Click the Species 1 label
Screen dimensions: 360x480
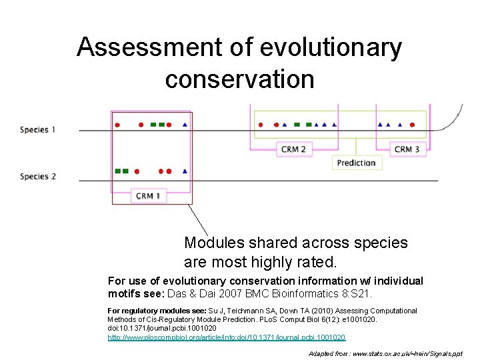38,129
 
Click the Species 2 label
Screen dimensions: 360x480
38,177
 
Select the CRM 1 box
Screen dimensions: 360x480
148,196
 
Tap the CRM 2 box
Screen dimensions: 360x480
293,149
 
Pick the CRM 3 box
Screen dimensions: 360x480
407,149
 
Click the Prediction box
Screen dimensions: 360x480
356,163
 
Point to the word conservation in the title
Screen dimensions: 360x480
239,79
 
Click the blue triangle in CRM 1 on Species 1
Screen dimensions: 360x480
185,125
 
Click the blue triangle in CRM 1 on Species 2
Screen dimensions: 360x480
185,171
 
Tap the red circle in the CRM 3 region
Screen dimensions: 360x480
413,125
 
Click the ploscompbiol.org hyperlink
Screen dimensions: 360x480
227,338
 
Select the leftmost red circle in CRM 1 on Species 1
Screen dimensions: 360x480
117,125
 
